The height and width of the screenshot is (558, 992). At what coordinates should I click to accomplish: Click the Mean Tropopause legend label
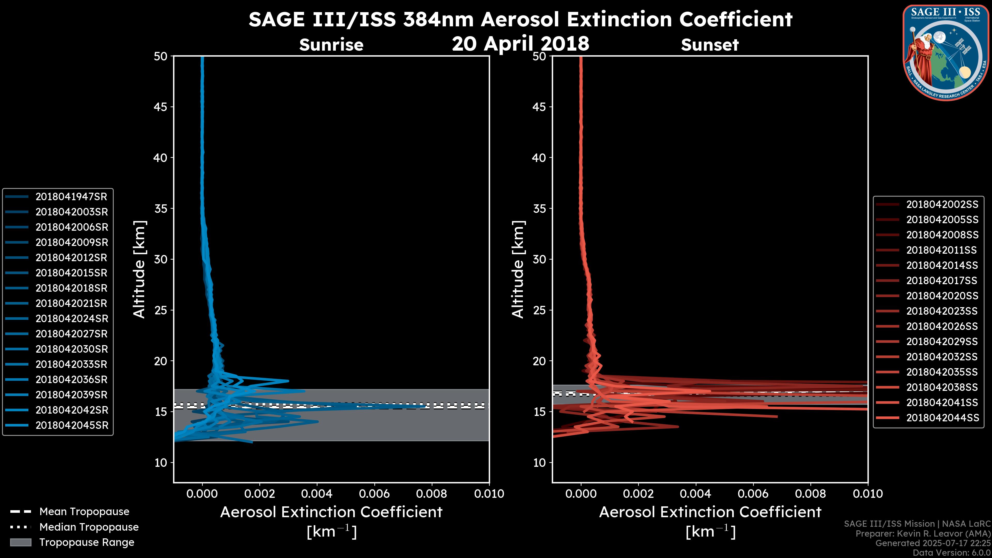[x=84, y=512]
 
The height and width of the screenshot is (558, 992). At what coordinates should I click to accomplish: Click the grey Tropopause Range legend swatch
[x=20, y=542]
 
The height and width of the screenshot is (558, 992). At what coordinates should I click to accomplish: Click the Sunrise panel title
[x=331, y=45]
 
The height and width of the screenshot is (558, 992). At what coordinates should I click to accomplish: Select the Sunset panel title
[x=710, y=45]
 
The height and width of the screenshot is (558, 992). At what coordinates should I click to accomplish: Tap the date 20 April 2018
[x=520, y=43]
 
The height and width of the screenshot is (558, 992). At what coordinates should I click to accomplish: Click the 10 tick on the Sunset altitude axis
[x=539, y=462]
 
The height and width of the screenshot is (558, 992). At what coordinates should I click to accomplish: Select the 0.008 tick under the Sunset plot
[x=811, y=494]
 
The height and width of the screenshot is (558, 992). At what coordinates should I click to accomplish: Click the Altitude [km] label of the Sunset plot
[x=518, y=269]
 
